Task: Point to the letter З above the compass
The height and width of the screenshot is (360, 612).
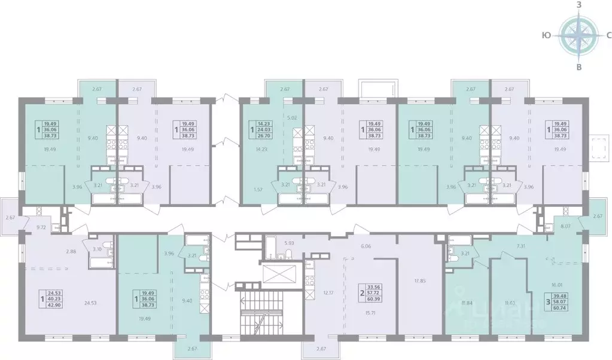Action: point(578,5)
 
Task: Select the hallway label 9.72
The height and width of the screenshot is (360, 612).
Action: point(41,227)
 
